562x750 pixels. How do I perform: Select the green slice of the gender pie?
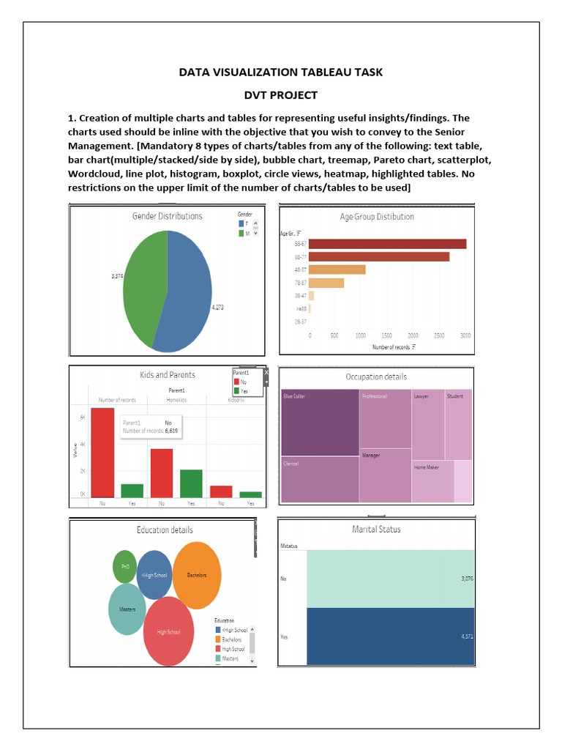[x=143, y=278]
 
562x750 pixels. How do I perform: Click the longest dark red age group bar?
[x=387, y=244]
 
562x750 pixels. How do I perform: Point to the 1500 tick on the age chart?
[x=387, y=335]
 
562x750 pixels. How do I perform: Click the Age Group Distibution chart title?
[x=377, y=217]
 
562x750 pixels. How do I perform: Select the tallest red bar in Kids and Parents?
[x=102, y=453]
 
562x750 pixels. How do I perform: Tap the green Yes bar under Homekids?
[x=191, y=483]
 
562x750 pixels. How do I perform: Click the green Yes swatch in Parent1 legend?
[x=236, y=392]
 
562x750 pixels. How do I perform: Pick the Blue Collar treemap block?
[x=320, y=423]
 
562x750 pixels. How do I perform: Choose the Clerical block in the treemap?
[x=320, y=480]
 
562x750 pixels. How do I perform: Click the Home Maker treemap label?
[x=427, y=467]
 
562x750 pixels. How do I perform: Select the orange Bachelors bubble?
[x=197, y=575]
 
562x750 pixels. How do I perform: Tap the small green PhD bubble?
[x=124, y=566]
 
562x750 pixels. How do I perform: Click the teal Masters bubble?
[x=127, y=609]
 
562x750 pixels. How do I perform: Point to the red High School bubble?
[x=168, y=631]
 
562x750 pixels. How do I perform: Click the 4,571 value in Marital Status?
[x=467, y=636]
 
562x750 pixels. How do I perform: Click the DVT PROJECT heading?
[x=280, y=94]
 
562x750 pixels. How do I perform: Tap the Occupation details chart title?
[x=376, y=376]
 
